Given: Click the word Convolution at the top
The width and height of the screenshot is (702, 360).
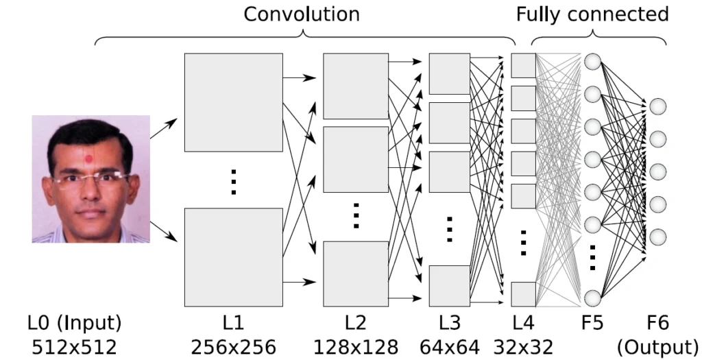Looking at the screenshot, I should pos(302,14).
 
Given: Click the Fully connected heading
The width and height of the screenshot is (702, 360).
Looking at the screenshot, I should pos(592,14).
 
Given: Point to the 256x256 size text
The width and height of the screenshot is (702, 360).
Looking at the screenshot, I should pos(233,347).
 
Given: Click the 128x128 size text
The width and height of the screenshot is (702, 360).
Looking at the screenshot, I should pos(356,347).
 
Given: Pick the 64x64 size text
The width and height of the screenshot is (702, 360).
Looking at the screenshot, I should pos(450,347).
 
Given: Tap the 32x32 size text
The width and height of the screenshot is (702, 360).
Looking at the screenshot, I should pos(523,347).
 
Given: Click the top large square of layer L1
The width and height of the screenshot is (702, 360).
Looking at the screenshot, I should pos(233,102).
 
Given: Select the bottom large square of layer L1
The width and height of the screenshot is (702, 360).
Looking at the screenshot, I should pos(233,257).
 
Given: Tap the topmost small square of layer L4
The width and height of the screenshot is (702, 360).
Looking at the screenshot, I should pos(524,65).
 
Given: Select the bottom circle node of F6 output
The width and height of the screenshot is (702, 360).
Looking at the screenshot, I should pos(658,237).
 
